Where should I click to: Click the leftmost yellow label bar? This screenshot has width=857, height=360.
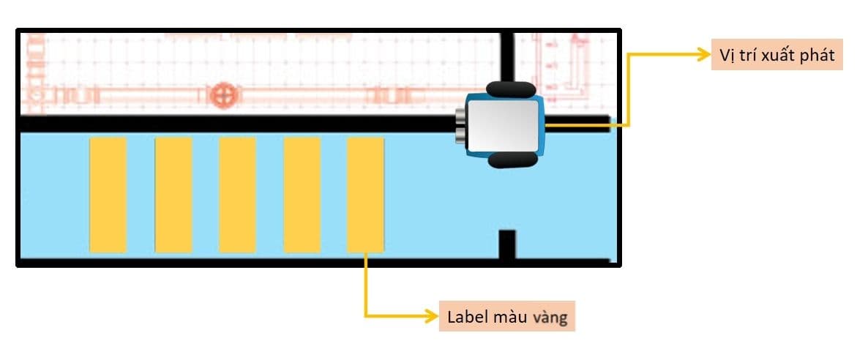(108, 195)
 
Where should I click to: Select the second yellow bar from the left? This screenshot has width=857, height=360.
(173, 195)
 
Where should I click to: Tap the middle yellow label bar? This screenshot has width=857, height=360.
(238, 195)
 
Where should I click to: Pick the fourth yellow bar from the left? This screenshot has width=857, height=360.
(302, 195)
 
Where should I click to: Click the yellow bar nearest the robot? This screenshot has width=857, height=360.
(365, 195)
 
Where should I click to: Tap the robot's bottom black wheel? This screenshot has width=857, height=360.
(509, 160)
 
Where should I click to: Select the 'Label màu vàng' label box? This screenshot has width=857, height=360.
(506, 318)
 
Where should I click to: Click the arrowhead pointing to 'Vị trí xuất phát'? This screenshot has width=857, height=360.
(701, 56)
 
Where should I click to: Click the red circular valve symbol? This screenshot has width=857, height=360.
(220, 95)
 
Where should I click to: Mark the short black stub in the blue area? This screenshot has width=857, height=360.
(507, 244)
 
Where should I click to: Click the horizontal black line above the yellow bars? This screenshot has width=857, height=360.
(234, 123)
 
